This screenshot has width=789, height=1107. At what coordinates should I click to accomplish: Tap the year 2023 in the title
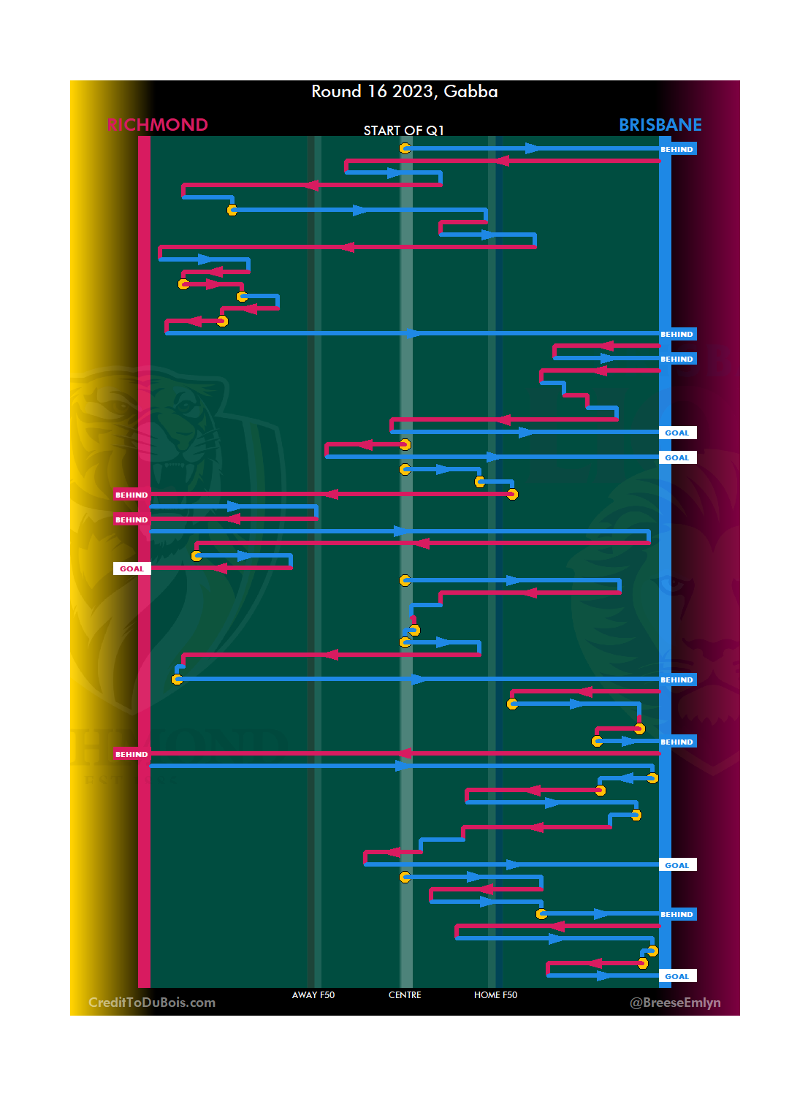coord(413,91)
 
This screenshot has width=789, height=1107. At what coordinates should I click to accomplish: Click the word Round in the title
coord(336,91)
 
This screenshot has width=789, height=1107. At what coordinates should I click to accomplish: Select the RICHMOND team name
coord(157,125)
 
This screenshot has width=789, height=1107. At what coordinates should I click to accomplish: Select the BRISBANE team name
coord(660,125)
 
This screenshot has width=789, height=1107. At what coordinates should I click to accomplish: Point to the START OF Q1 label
coord(403,131)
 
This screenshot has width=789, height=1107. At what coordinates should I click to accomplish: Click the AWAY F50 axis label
coord(313,995)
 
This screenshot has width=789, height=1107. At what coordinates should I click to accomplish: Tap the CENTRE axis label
coord(405,995)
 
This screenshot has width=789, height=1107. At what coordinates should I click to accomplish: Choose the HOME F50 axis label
coord(495,995)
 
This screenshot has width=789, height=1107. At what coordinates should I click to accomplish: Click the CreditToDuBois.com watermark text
coord(152,1003)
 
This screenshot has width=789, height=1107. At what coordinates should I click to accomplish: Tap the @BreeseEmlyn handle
coord(675,1003)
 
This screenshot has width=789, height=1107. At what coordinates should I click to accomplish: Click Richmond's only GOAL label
coord(131,568)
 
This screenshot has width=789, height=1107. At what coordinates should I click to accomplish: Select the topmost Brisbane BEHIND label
coord(676,149)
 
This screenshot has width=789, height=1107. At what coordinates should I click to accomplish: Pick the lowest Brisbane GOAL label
coord(676,976)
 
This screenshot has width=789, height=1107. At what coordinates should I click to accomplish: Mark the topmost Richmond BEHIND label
coord(131,495)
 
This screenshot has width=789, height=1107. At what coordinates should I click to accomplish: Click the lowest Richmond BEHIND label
coord(131,754)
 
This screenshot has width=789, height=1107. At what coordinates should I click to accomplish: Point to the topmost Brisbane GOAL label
coord(676,433)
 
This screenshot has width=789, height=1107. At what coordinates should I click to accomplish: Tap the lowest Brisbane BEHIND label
coord(676,914)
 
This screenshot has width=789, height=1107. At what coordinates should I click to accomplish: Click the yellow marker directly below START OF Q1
coord(405,148)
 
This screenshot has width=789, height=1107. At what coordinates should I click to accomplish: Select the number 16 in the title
coord(377,91)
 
